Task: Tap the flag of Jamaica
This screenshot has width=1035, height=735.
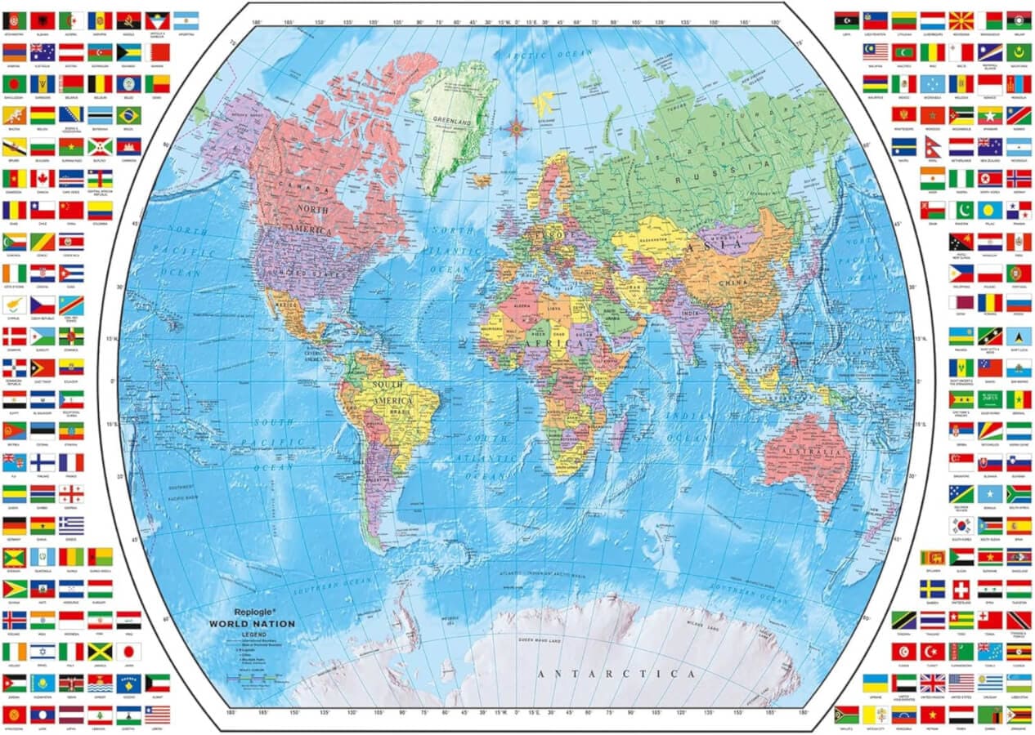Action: pyautogui.click(x=100, y=651)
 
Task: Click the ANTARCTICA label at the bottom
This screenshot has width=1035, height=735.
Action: pyautogui.click(x=617, y=674)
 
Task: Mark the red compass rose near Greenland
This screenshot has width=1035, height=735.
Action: pyautogui.click(x=517, y=127)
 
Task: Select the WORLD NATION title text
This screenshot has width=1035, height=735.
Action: pyautogui.click(x=252, y=623)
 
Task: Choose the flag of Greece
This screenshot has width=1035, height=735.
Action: pyautogui.click(x=71, y=525)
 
